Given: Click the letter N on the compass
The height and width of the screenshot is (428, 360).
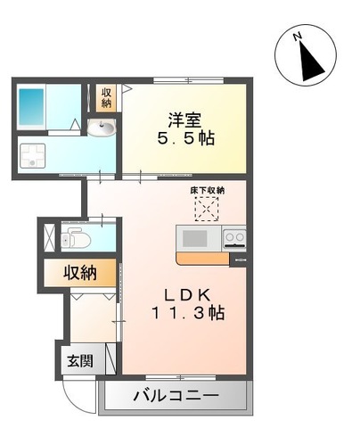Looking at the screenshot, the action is click(297, 37).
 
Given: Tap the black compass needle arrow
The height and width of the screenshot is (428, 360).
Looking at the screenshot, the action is click(310, 62).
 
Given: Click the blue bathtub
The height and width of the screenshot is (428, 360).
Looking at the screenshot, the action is click(31, 107).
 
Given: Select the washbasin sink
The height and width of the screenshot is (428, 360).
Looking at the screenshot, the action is click(102, 128).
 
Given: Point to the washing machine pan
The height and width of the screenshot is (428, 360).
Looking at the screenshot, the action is click(33, 156).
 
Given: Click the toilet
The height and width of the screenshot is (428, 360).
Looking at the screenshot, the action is click(76, 238).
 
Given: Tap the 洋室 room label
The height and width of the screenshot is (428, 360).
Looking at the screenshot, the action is click(184, 120).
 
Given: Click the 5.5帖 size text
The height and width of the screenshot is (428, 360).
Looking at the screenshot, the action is click(186, 138).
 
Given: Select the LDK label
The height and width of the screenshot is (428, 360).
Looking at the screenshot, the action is click(187, 295).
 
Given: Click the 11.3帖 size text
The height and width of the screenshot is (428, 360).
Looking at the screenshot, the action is click(188, 313).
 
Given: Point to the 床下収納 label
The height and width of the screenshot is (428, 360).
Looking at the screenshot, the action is click(207, 191).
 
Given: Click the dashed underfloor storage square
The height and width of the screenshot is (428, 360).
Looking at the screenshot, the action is click(207, 209).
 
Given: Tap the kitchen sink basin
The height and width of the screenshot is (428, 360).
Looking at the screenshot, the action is click(194, 238).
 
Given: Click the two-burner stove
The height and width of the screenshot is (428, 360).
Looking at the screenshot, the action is click(234, 238).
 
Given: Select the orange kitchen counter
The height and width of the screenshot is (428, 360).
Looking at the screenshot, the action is click(202, 258).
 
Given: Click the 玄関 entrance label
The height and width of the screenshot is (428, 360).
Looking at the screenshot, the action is click(79, 361).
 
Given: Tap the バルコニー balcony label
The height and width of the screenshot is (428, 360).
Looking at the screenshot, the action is click(176, 395).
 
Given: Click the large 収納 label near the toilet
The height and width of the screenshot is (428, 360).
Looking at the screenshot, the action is click(80, 272).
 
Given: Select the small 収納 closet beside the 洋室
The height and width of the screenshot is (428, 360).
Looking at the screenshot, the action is click(106, 98).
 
